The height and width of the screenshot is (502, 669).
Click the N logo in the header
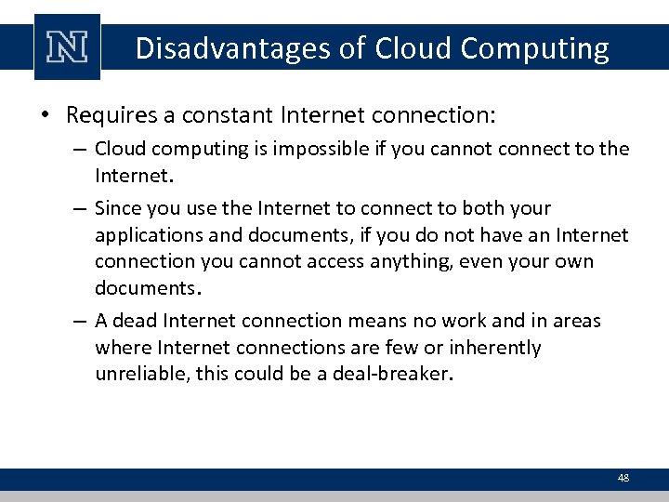coord(67,48)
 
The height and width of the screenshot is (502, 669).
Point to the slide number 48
coord(623,478)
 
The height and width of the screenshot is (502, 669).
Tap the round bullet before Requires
coord(46,117)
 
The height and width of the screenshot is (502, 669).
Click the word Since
coord(117,208)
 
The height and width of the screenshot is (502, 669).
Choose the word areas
coord(577,321)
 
